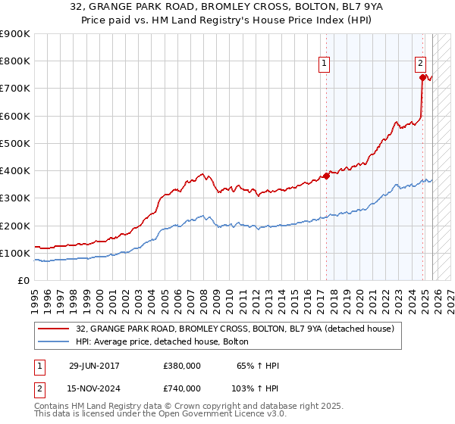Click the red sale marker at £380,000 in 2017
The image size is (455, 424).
pyautogui.click(x=327, y=176)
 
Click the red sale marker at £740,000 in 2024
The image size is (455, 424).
pyautogui.click(x=422, y=76)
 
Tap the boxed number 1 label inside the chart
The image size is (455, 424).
pyautogui.click(x=324, y=64)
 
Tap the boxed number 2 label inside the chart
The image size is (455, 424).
pyautogui.click(x=420, y=64)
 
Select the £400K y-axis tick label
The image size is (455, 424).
pyautogui.click(x=15, y=170)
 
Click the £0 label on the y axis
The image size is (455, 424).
pyautogui.click(x=23, y=280)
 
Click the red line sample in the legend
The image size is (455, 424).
pyautogui.click(x=54, y=329)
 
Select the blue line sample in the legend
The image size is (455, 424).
pyautogui.click(x=54, y=342)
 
